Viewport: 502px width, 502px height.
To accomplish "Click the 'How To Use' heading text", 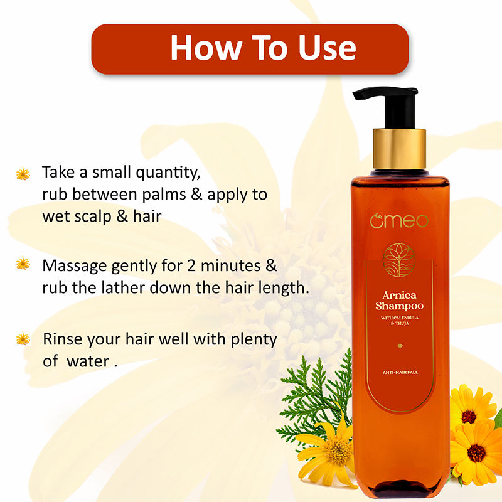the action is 263,48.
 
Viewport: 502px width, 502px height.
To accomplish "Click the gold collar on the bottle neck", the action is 399,149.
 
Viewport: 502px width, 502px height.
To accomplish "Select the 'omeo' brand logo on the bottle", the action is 399,221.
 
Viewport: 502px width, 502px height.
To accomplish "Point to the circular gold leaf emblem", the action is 399,260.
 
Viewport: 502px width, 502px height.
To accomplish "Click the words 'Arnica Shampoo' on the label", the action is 399,301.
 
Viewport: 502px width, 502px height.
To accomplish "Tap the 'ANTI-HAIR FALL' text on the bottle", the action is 400,372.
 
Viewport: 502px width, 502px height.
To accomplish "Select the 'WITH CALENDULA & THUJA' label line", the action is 400,321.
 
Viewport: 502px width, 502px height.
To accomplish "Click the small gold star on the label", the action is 400,346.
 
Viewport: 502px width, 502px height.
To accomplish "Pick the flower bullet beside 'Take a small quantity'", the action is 23,174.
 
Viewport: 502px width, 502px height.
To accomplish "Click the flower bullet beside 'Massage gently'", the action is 23,263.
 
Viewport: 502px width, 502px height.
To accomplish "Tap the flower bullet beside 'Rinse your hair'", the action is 23,339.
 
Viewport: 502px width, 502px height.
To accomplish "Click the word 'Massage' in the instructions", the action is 75,266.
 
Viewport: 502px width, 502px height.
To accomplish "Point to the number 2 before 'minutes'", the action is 191,265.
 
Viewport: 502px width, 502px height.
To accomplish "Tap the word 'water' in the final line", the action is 88,361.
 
